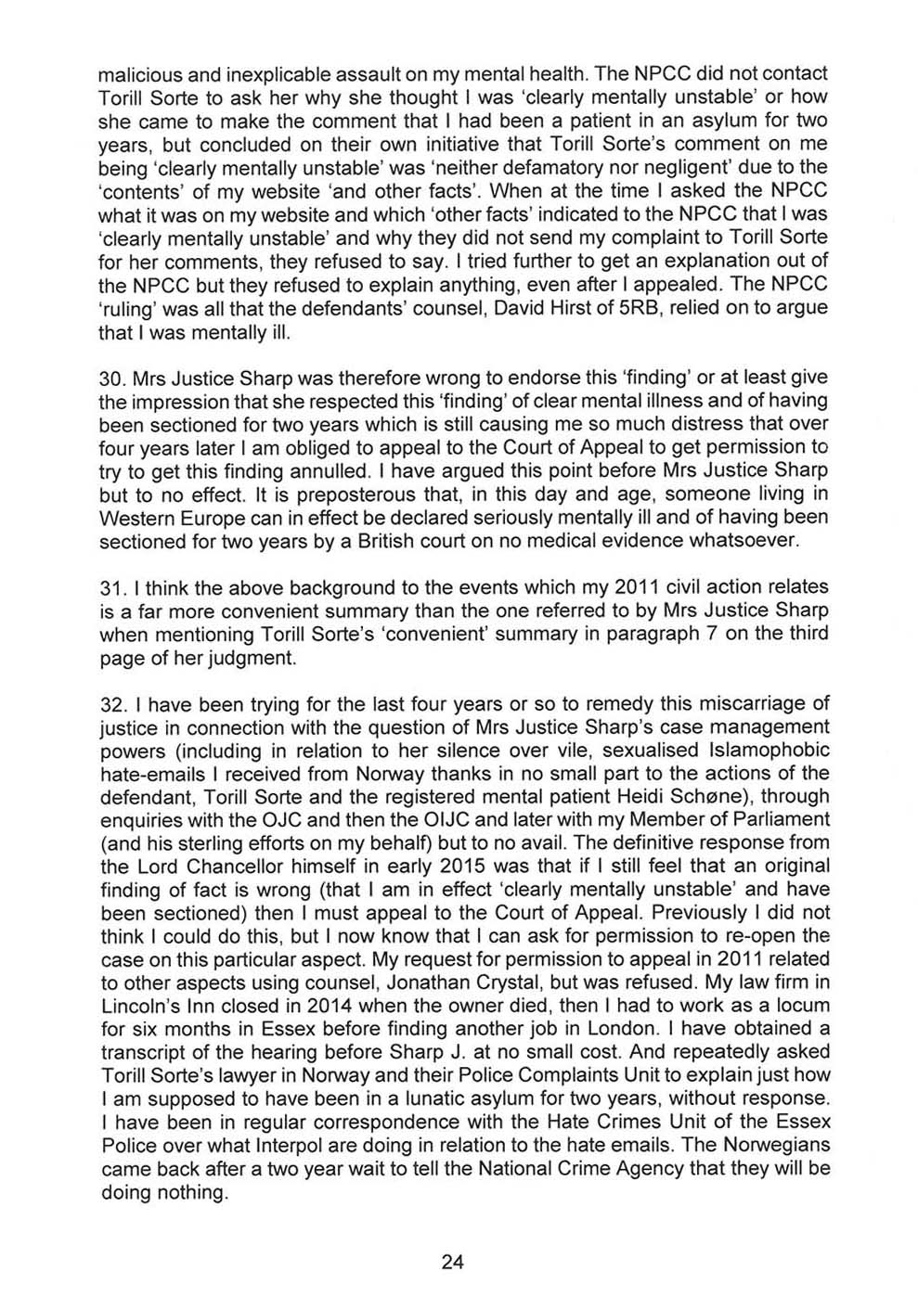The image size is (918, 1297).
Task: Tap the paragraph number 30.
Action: pos(111,379)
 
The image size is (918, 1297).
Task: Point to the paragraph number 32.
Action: pos(111,703)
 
